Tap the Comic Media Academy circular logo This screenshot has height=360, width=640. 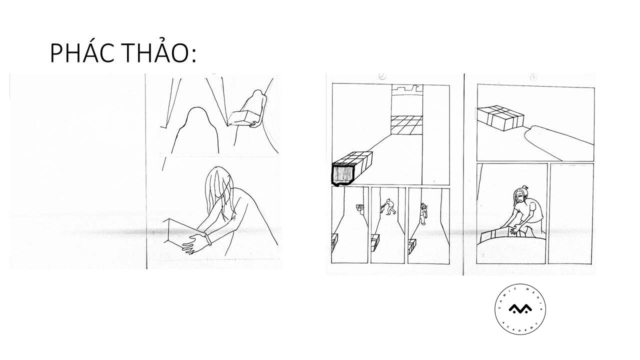pos(520,309)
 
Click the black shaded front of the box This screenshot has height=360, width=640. pos(343,174)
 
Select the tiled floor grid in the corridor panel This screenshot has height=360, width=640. pos(406,125)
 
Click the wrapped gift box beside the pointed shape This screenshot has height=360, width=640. pos(500,118)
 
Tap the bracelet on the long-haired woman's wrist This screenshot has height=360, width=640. pos(208,240)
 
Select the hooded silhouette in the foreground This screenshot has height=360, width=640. pos(195,130)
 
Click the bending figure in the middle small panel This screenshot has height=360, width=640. pos(389,207)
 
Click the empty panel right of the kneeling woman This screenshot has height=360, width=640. pos(570,213)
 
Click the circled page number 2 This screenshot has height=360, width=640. pos(382,76)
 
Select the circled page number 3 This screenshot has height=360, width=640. pos(533,76)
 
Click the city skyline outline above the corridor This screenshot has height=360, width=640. pos(407,89)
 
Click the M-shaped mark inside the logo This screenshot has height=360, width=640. pos(520,308)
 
